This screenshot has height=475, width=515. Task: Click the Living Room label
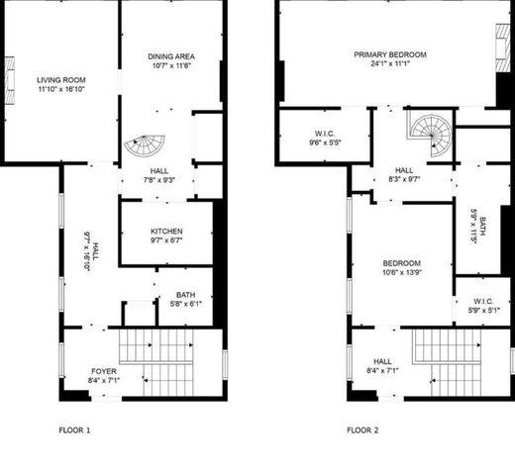61,80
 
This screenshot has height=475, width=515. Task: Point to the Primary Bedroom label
387,54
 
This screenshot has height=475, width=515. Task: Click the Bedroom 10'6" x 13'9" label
401,262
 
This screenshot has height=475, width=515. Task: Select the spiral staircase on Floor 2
432,129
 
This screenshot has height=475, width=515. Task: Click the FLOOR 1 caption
74,430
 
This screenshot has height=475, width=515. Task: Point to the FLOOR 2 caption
362,430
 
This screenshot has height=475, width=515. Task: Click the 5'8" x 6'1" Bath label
185,295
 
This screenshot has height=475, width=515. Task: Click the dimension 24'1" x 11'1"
387,65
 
